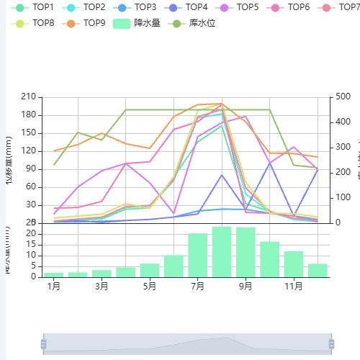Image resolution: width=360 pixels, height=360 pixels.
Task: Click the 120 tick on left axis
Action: point(30,150)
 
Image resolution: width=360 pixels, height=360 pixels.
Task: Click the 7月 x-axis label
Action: point(198,286)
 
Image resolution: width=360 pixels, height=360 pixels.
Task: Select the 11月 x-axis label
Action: point(294,286)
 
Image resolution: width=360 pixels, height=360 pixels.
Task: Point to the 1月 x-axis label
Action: point(54,286)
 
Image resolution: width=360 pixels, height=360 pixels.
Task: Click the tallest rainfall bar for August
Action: point(222,252)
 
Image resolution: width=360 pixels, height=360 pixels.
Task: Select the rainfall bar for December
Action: point(318,270)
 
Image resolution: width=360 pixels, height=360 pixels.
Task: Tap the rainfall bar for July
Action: point(198,255)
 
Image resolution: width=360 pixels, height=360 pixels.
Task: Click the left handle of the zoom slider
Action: point(43,344)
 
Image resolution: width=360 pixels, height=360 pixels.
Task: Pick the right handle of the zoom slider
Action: point(332,344)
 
